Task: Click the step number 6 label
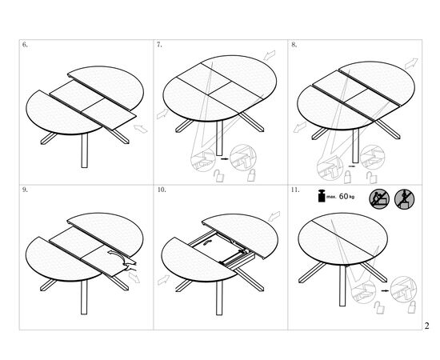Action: [x=25, y=45]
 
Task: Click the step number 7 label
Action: [x=159, y=45]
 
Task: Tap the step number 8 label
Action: [x=294, y=45]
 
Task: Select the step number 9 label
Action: [x=25, y=190]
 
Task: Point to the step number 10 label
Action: [x=162, y=190]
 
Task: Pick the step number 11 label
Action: [x=295, y=190]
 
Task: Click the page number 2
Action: [x=427, y=326]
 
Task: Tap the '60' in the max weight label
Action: [x=343, y=197]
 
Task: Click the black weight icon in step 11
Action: [x=322, y=196]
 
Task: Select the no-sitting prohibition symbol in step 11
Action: [x=379, y=199]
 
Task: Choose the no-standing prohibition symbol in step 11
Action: [x=404, y=199]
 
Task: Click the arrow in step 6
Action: [x=141, y=129]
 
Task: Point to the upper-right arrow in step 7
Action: [x=270, y=55]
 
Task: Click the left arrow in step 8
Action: [x=300, y=127]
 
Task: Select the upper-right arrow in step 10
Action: [x=274, y=216]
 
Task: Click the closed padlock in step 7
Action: [x=251, y=175]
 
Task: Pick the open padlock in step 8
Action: [x=372, y=178]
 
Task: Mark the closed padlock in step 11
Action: [x=412, y=307]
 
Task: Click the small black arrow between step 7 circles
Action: [x=225, y=159]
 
